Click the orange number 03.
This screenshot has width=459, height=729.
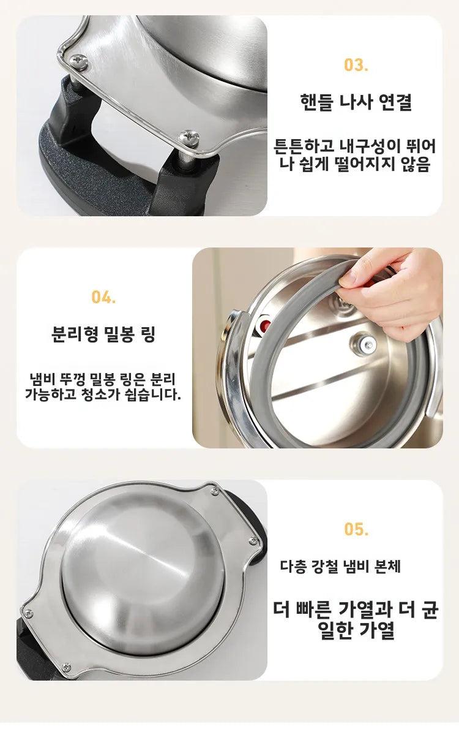click(x=356, y=66)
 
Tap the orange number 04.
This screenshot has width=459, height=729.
click(x=103, y=297)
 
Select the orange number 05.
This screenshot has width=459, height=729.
click(x=356, y=529)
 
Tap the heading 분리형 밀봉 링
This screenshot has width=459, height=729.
click(x=103, y=334)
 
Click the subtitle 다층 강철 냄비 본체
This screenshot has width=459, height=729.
click(x=340, y=567)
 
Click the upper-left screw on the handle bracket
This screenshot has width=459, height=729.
click(x=78, y=61)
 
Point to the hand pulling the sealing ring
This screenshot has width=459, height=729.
click(x=398, y=288)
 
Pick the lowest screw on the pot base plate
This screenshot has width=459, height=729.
click(x=65, y=667)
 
